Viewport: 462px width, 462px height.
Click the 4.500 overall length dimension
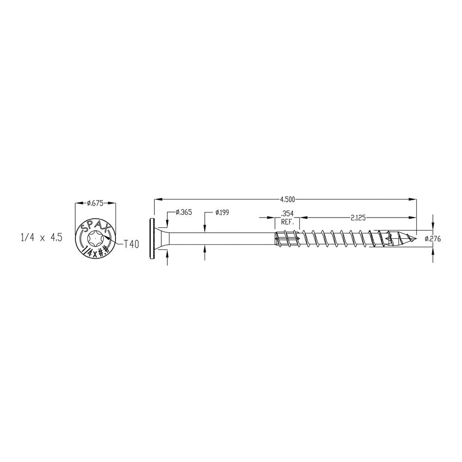pyautogui.click(x=287, y=200)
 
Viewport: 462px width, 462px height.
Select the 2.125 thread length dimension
pyautogui.click(x=358, y=218)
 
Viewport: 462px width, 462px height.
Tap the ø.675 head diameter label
pyautogui.click(x=95, y=203)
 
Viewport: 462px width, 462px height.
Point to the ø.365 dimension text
pyautogui.click(x=183, y=212)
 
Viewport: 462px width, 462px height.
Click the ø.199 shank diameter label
pyautogui.click(x=222, y=212)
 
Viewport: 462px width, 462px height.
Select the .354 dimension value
pyautogui.click(x=287, y=213)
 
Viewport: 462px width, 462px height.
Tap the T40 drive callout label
pyautogui.click(x=131, y=244)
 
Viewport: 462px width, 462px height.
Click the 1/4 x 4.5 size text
pyautogui.click(x=42, y=238)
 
